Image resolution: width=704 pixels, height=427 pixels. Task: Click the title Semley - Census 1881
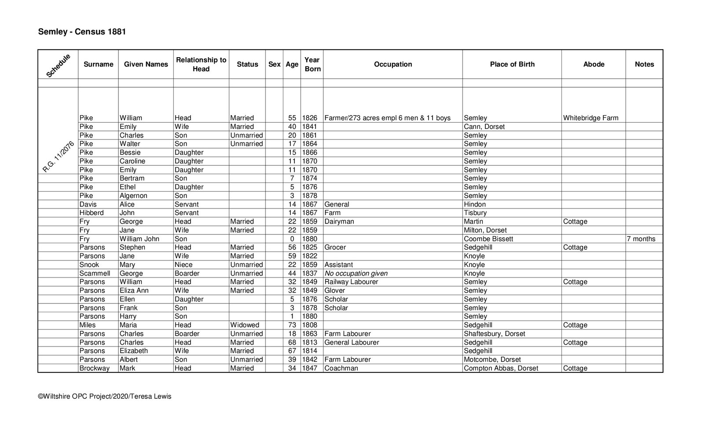(82, 32)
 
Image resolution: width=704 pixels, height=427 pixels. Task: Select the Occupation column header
(392, 64)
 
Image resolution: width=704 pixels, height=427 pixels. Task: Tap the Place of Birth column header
(512, 64)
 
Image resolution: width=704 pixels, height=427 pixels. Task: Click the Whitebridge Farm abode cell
(590, 118)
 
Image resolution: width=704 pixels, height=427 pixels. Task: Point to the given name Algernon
(133, 196)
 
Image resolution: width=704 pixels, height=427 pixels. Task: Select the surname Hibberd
(92, 213)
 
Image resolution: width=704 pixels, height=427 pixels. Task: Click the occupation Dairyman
(339, 222)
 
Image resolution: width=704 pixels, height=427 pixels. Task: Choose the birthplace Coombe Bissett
(488, 239)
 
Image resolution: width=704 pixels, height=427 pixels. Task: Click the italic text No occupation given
(356, 274)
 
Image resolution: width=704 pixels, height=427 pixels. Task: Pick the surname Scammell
(95, 274)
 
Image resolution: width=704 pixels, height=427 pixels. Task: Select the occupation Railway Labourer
(351, 282)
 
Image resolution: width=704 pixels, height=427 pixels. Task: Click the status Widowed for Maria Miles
(245, 325)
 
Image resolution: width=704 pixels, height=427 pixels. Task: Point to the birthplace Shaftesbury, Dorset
(494, 334)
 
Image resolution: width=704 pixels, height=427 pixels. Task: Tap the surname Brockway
(94, 369)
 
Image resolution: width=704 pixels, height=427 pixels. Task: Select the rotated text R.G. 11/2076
(58, 157)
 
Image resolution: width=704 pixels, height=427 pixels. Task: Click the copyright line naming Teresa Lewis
(105, 396)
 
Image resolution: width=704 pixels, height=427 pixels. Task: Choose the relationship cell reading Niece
(183, 265)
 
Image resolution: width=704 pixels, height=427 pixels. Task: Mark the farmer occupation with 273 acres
(387, 118)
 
